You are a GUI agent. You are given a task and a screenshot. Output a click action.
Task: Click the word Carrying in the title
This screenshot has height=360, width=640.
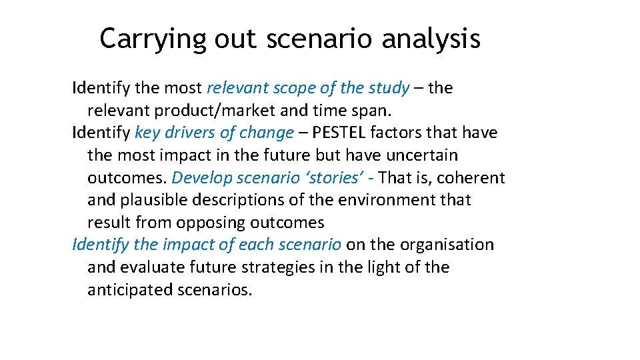153,39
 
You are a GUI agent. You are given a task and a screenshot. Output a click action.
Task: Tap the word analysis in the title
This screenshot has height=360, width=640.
431,39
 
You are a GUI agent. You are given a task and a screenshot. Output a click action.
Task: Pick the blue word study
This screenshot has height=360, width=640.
389,88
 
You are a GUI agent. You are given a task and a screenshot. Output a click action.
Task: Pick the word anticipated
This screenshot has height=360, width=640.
129,290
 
